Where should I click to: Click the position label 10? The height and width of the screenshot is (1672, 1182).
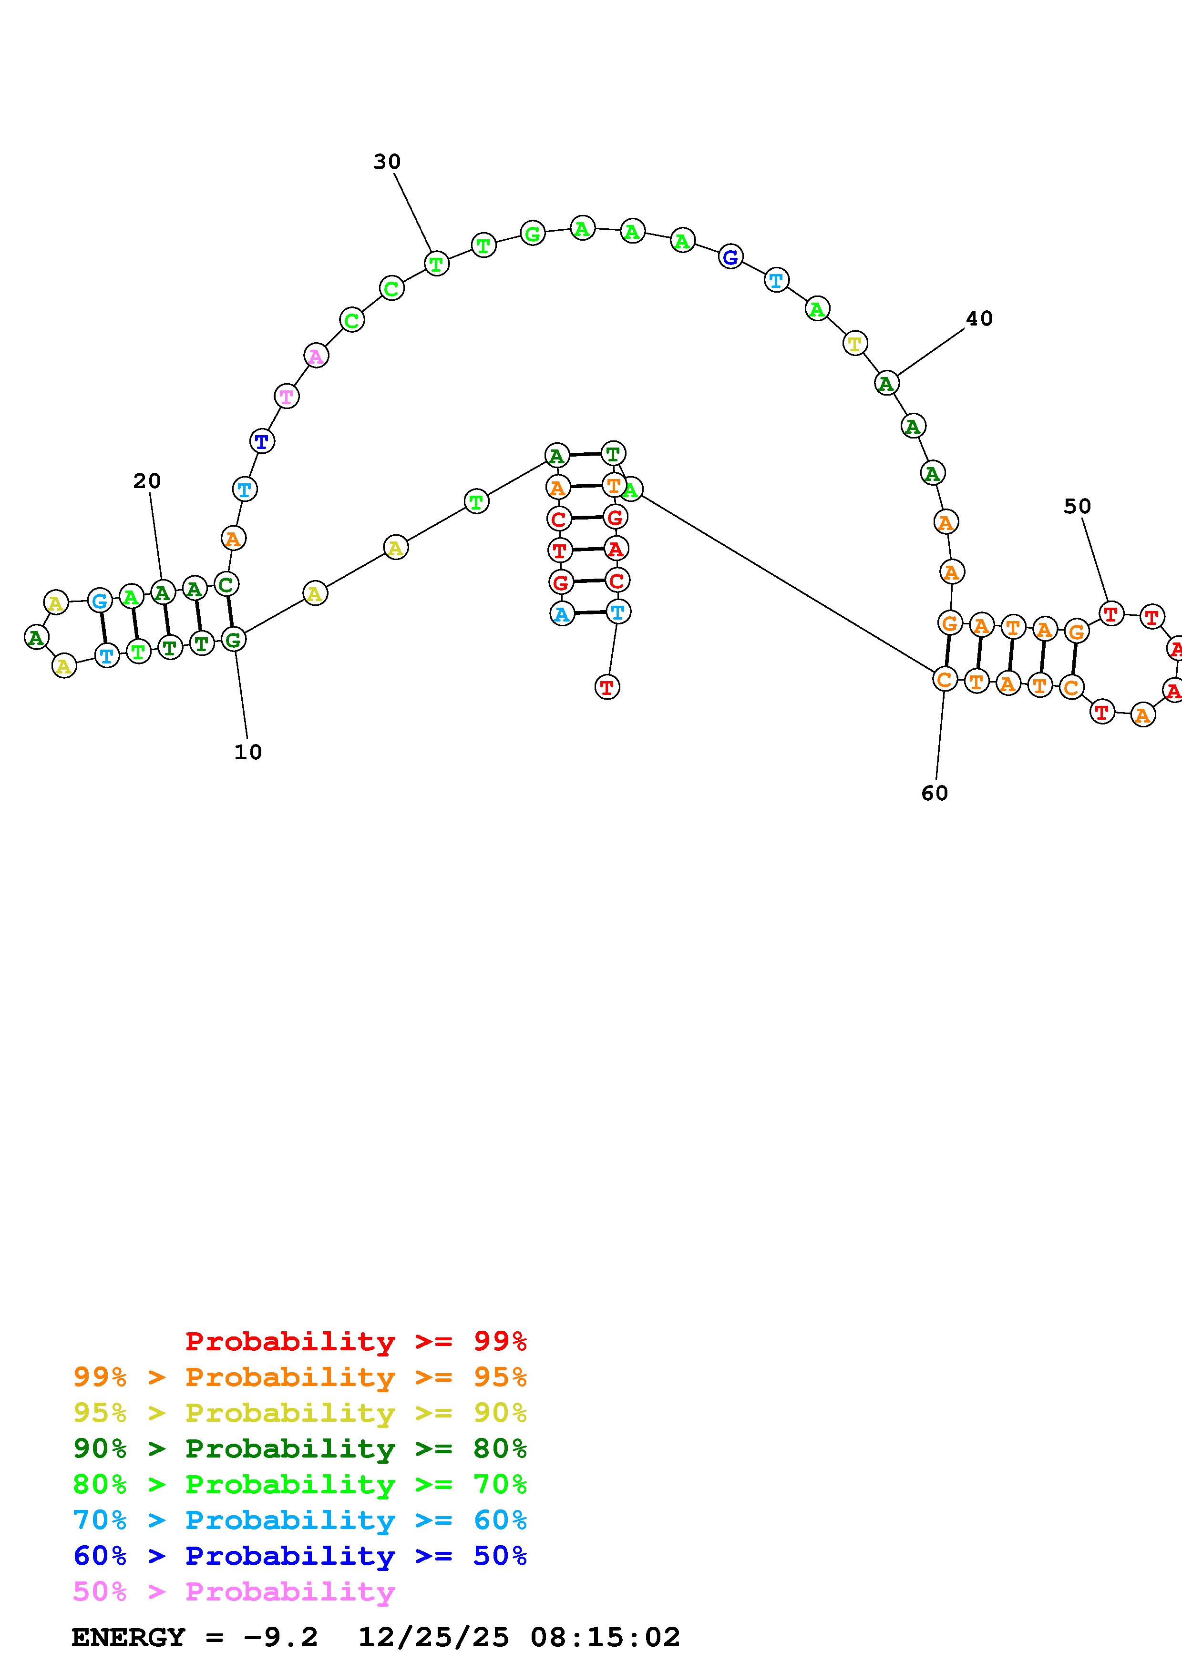click(247, 752)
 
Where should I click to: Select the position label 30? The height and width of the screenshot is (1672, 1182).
click(387, 162)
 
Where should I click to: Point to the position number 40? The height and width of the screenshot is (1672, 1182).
click(979, 318)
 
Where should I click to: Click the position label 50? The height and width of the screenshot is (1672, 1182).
click(1077, 506)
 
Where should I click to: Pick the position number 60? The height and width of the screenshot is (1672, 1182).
click(935, 793)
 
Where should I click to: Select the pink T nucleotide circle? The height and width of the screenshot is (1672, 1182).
click(287, 397)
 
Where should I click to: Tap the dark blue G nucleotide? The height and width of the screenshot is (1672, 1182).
click(730, 256)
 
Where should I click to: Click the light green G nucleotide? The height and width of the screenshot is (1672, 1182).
click(533, 234)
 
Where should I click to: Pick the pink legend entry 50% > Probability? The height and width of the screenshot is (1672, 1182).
click(234, 1592)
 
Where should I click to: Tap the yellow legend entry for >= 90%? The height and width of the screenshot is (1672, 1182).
click(299, 1413)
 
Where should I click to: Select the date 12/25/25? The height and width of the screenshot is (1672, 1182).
click(433, 1638)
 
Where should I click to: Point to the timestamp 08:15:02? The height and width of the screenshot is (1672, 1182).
click(605, 1638)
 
